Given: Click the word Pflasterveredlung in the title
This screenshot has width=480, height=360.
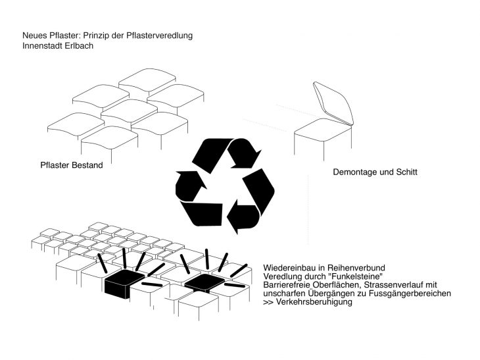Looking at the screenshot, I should pos(161,34).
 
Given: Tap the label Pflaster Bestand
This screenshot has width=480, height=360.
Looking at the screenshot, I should pos(72,165).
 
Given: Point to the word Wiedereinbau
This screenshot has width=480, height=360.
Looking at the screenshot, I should pos(289,269).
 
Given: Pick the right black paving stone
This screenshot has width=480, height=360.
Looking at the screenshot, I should pos(204,284).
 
